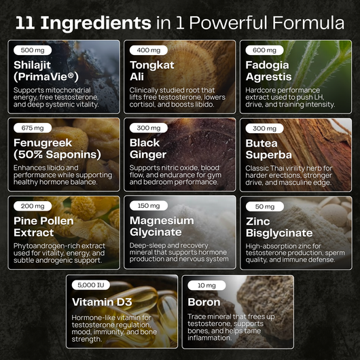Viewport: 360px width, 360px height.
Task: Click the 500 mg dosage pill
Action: point(33,50)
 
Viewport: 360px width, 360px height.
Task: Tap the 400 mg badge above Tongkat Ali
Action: point(149,50)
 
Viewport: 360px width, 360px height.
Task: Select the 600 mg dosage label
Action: point(264,50)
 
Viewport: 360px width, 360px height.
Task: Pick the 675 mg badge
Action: point(33,128)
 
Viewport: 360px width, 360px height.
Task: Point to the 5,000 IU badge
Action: point(91,285)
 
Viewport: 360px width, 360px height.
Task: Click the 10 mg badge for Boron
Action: point(206,285)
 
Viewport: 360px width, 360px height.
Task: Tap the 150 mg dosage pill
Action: point(149,206)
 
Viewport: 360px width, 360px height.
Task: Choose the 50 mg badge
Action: point(265,206)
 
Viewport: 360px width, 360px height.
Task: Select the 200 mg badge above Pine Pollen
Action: point(33,206)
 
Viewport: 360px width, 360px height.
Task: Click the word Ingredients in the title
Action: point(96,24)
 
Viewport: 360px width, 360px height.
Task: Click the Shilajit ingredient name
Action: point(32,65)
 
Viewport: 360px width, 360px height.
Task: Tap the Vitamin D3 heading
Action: point(102,302)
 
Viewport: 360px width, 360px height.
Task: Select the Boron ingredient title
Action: point(204,302)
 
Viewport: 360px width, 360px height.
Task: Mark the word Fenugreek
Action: point(43,143)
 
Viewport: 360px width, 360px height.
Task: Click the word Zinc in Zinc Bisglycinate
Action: point(258,221)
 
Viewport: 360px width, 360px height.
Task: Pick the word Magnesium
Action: point(162,221)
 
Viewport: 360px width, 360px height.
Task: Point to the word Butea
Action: point(262,143)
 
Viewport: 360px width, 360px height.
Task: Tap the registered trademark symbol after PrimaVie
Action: point(71,75)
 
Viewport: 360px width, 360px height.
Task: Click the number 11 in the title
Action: point(25,23)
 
